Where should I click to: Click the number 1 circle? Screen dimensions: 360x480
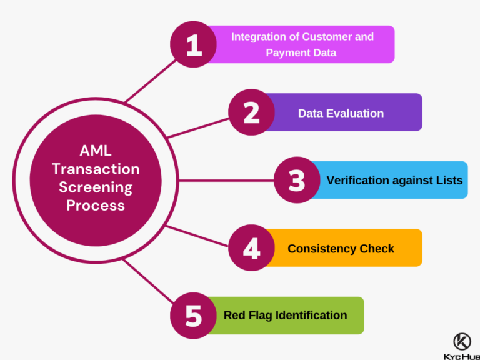(194, 44)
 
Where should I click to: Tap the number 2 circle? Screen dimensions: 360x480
(251, 112)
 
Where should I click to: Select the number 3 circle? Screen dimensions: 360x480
(297, 180)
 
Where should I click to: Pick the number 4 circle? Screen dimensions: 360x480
(251, 248)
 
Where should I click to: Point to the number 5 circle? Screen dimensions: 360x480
(194, 316)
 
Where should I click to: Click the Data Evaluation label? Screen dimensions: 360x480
(341, 113)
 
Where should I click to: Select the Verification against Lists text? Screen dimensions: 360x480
(394, 181)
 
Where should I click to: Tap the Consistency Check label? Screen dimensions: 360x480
(341, 249)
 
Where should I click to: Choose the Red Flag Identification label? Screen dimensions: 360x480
(285, 316)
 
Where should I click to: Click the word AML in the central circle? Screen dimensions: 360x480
(96, 151)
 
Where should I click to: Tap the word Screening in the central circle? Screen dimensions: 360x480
(96, 187)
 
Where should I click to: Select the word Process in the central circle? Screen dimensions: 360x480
(96, 205)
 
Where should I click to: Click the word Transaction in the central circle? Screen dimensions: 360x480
(96, 169)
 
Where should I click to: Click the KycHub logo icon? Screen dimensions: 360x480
(462, 342)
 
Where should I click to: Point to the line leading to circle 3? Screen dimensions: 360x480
(225, 181)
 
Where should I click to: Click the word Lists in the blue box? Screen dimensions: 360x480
(448, 181)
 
